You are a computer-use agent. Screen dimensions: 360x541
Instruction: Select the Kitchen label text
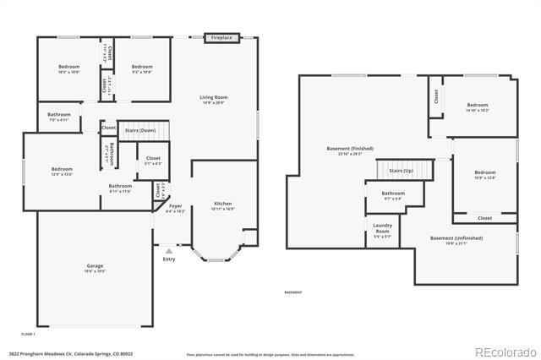click(222, 205)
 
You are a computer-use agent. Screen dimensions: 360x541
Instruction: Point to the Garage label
click(95, 269)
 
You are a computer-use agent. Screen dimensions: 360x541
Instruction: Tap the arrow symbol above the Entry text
click(168, 250)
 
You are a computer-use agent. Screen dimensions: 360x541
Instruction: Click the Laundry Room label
click(383, 231)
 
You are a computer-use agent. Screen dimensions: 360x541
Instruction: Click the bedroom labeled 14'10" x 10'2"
click(477, 107)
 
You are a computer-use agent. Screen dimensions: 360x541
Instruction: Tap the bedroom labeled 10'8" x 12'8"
click(484, 175)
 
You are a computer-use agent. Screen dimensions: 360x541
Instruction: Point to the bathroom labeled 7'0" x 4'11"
click(58, 117)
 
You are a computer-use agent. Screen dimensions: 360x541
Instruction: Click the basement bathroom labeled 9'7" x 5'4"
click(393, 196)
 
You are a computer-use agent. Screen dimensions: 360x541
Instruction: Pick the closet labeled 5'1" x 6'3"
click(153, 161)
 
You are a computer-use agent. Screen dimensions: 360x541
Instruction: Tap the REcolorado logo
click(505, 352)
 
